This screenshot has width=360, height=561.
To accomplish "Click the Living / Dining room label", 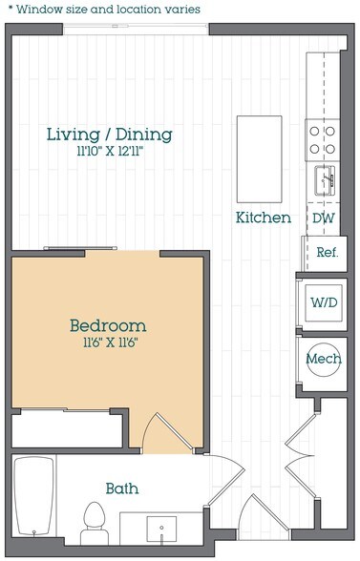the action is click(x=110, y=135).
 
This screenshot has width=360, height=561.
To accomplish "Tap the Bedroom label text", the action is click(x=108, y=326).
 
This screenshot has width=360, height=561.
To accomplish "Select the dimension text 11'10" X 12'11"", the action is click(x=110, y=152).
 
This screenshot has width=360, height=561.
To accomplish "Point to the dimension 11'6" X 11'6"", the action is click(x=111, y=343).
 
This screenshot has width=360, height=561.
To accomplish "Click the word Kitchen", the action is click(x=264, y=218).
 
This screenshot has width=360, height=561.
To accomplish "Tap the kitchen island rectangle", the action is click(x=260, y=159).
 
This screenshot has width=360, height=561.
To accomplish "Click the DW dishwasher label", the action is click(x=324, y=218).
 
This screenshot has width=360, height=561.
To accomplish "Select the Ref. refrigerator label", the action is click(x=328, y=253).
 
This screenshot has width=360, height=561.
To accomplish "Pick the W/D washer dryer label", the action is click(x=324, y=302).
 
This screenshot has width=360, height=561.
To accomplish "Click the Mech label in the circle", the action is click(x=324, y=359).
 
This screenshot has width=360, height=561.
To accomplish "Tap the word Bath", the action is click(x=122, y=488).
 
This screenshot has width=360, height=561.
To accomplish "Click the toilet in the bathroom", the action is click(x=95, y=524).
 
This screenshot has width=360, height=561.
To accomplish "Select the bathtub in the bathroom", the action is click(x=34, y=496).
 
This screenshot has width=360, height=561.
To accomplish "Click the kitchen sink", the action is click(x=325, y=180).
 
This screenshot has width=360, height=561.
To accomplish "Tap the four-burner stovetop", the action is click(x=323, y=140).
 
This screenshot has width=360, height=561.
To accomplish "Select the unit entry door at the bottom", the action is click(x=264, y=516).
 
